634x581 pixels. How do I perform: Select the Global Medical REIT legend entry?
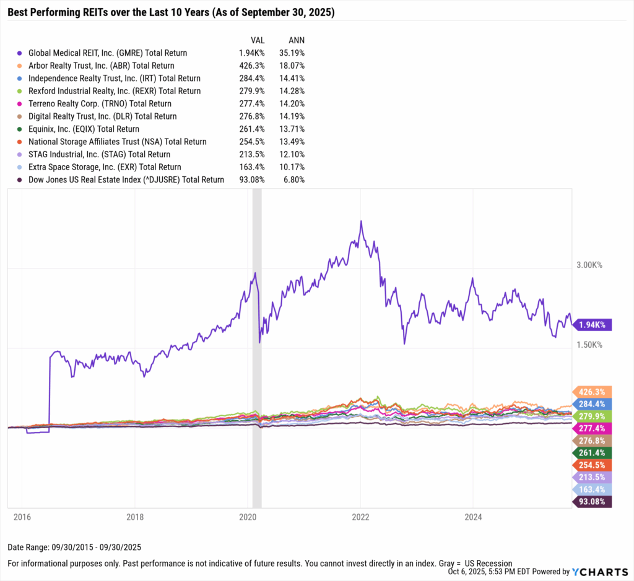[x=108, y=53]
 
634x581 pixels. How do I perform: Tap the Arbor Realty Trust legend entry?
[x=101, y=66]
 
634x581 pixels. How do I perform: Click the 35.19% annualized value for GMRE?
[x=292, y=53]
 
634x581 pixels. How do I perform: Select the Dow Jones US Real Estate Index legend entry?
[x=126, y=180]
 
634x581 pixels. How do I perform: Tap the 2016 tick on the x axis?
[x=22, y=516]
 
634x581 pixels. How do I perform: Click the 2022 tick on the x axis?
[x=360, y=516]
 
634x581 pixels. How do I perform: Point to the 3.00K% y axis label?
[x=589, y=265]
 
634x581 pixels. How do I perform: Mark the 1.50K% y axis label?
[x=589, y=345]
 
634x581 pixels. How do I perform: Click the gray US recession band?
[x=258, y=346]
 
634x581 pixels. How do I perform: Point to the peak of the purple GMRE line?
[x=361, y=221]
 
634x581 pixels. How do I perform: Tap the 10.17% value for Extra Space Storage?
[x=292, y=167]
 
